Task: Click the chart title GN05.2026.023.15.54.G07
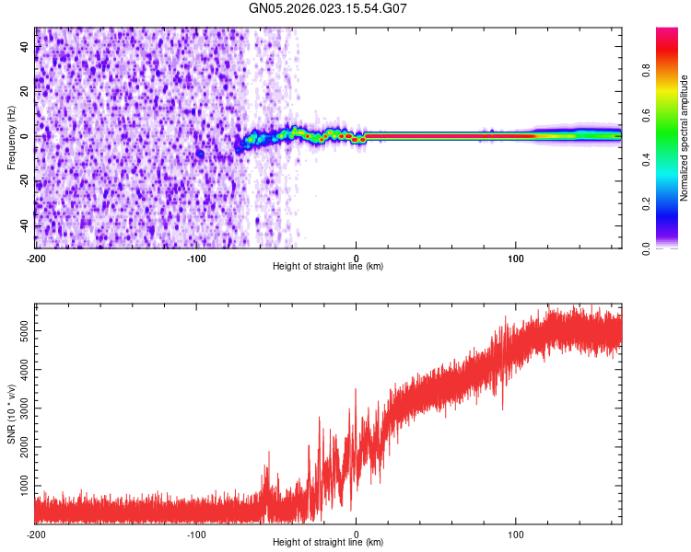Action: pyautogui.click(x=328, y=8)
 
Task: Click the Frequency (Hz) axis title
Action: pyautogui.click(x=11, y=137)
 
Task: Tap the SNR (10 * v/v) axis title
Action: pyautogui.click(x=11, y=415)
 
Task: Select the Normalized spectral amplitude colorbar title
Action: pyautogui.click(x=685, y=137)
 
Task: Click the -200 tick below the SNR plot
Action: pyautogui.click(x=35, y=534)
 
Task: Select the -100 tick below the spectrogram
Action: pyautogui.click(x=195, y=258)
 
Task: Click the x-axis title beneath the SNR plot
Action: pyautogui.click(x=328, y=544)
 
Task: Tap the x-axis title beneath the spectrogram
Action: pyautogui.click(x=328, y=267)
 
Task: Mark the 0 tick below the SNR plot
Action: pyautogui.click(x=357, y=534)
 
